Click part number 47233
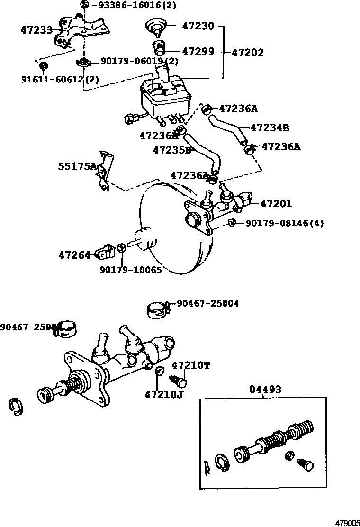coord(36,30)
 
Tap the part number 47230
coord(198,26)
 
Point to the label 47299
coord(198,51)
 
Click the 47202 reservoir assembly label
coord(248,53)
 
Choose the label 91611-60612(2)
coord(60,79)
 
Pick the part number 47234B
coord(270,127)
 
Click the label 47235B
coord(172,150)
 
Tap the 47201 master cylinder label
coord(276,204)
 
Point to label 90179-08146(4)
coord(284,223)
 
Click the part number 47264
coord(74,255)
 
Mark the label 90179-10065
coord(131,270)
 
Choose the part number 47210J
coord(163,394)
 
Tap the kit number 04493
coord(265,390)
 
